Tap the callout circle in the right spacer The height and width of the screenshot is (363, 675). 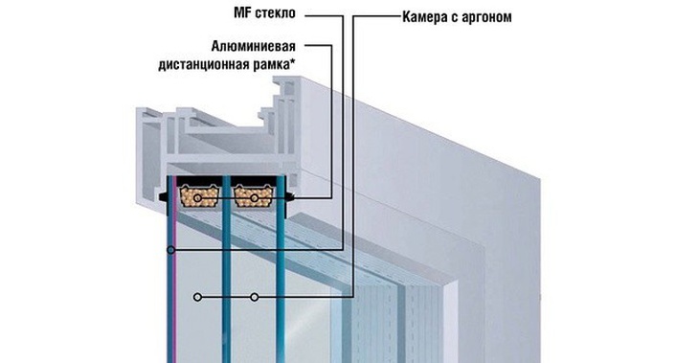point(254,198)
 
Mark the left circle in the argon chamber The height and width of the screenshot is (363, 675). point(197,298)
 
